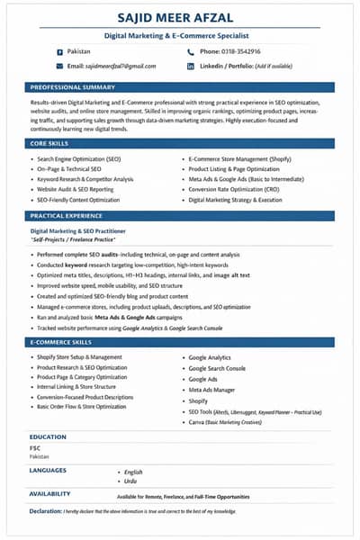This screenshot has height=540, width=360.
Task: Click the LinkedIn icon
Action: pos(191,67)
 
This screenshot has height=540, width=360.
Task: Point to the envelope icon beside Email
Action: pos(59,67)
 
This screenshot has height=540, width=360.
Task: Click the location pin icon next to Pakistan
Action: pos(59,51)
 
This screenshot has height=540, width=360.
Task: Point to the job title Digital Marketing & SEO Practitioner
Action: pos(82,231)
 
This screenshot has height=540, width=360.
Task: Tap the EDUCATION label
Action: pos(48,436)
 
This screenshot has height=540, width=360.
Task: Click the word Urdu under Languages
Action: pos(131,481)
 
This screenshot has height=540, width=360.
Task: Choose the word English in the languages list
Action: pos(133,472)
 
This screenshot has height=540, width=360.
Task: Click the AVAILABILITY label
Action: pos(50,494)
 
